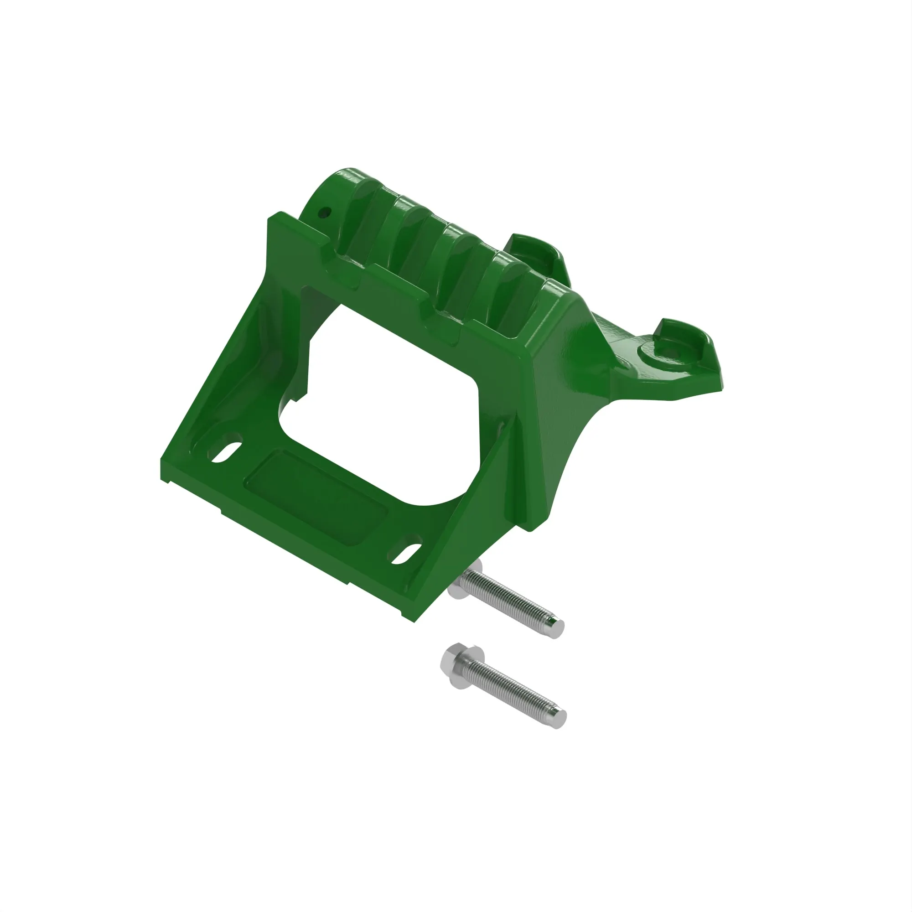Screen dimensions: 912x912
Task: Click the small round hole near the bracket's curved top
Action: (x=324, y=212)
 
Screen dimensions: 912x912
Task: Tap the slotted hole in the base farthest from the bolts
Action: (x=225, y=451)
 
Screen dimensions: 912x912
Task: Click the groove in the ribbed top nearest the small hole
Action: (x=363, y=227)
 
